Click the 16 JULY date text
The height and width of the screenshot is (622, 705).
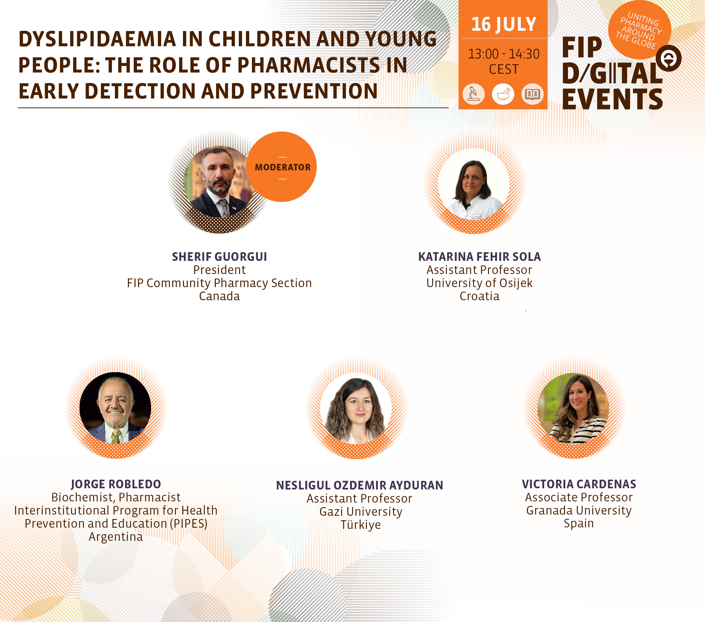pos(504,24)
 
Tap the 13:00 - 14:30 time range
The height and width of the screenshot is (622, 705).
pos(504,54)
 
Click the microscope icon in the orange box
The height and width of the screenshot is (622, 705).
pos(474,94)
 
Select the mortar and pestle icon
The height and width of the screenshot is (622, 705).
pos(503,94)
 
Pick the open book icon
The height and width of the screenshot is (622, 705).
pos(532,94)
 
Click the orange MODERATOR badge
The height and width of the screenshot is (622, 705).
pos(282,167)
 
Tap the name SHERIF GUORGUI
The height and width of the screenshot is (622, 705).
pos(219,257)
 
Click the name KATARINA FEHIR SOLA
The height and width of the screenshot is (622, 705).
pos(479,257)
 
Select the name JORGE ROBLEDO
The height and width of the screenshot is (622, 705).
pos(116,484)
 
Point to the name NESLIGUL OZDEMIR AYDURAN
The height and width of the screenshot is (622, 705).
pos(360,485)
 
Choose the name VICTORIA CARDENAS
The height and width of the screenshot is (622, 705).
pos(579,484)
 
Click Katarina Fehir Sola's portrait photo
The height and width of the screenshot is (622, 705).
pos(474,184)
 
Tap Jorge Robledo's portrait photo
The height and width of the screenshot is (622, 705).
pos(115,408)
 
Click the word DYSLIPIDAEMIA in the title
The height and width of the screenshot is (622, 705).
pos(97,39)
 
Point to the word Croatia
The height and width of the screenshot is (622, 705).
pos(479,296)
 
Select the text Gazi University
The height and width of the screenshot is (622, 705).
pos(361,512)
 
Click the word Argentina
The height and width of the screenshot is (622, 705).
pos(116,537)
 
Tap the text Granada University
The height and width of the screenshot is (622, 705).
pos(579,510)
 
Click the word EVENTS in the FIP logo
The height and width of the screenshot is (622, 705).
pos(612,99)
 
